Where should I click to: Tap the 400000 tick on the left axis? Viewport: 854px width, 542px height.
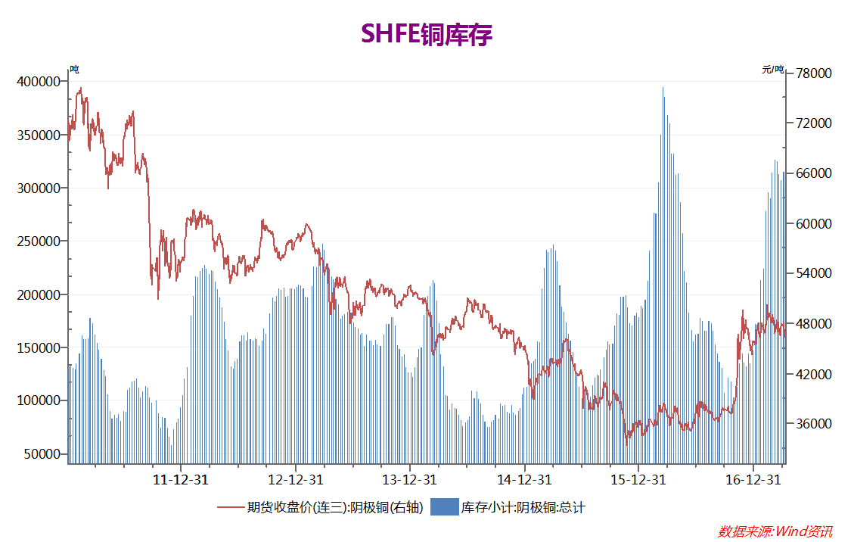tap(38, 82)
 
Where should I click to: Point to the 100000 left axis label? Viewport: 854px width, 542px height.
tap(38, 400)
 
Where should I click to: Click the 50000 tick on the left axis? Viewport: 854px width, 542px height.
tap(41, 454)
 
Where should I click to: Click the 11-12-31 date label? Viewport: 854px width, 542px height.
tap(182, 480)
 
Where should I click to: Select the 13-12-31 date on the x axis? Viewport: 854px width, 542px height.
tap(409, 480)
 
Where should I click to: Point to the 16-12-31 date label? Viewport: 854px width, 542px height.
tap(753, 480)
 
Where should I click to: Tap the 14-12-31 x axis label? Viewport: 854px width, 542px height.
tap(524, 480)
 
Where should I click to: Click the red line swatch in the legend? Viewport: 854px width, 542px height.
tap(231, 507)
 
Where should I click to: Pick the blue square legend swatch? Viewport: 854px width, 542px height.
tap(444, 507)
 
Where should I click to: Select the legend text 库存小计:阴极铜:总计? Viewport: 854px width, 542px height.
tap(523, 507)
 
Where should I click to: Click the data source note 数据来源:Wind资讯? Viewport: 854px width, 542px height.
tap(775, 531)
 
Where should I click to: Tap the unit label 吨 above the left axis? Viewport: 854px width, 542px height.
tap(74, 69)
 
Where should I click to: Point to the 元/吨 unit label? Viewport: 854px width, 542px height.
tap(772, 69)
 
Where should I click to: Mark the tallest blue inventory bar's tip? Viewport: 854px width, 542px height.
tap(663, 88)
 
